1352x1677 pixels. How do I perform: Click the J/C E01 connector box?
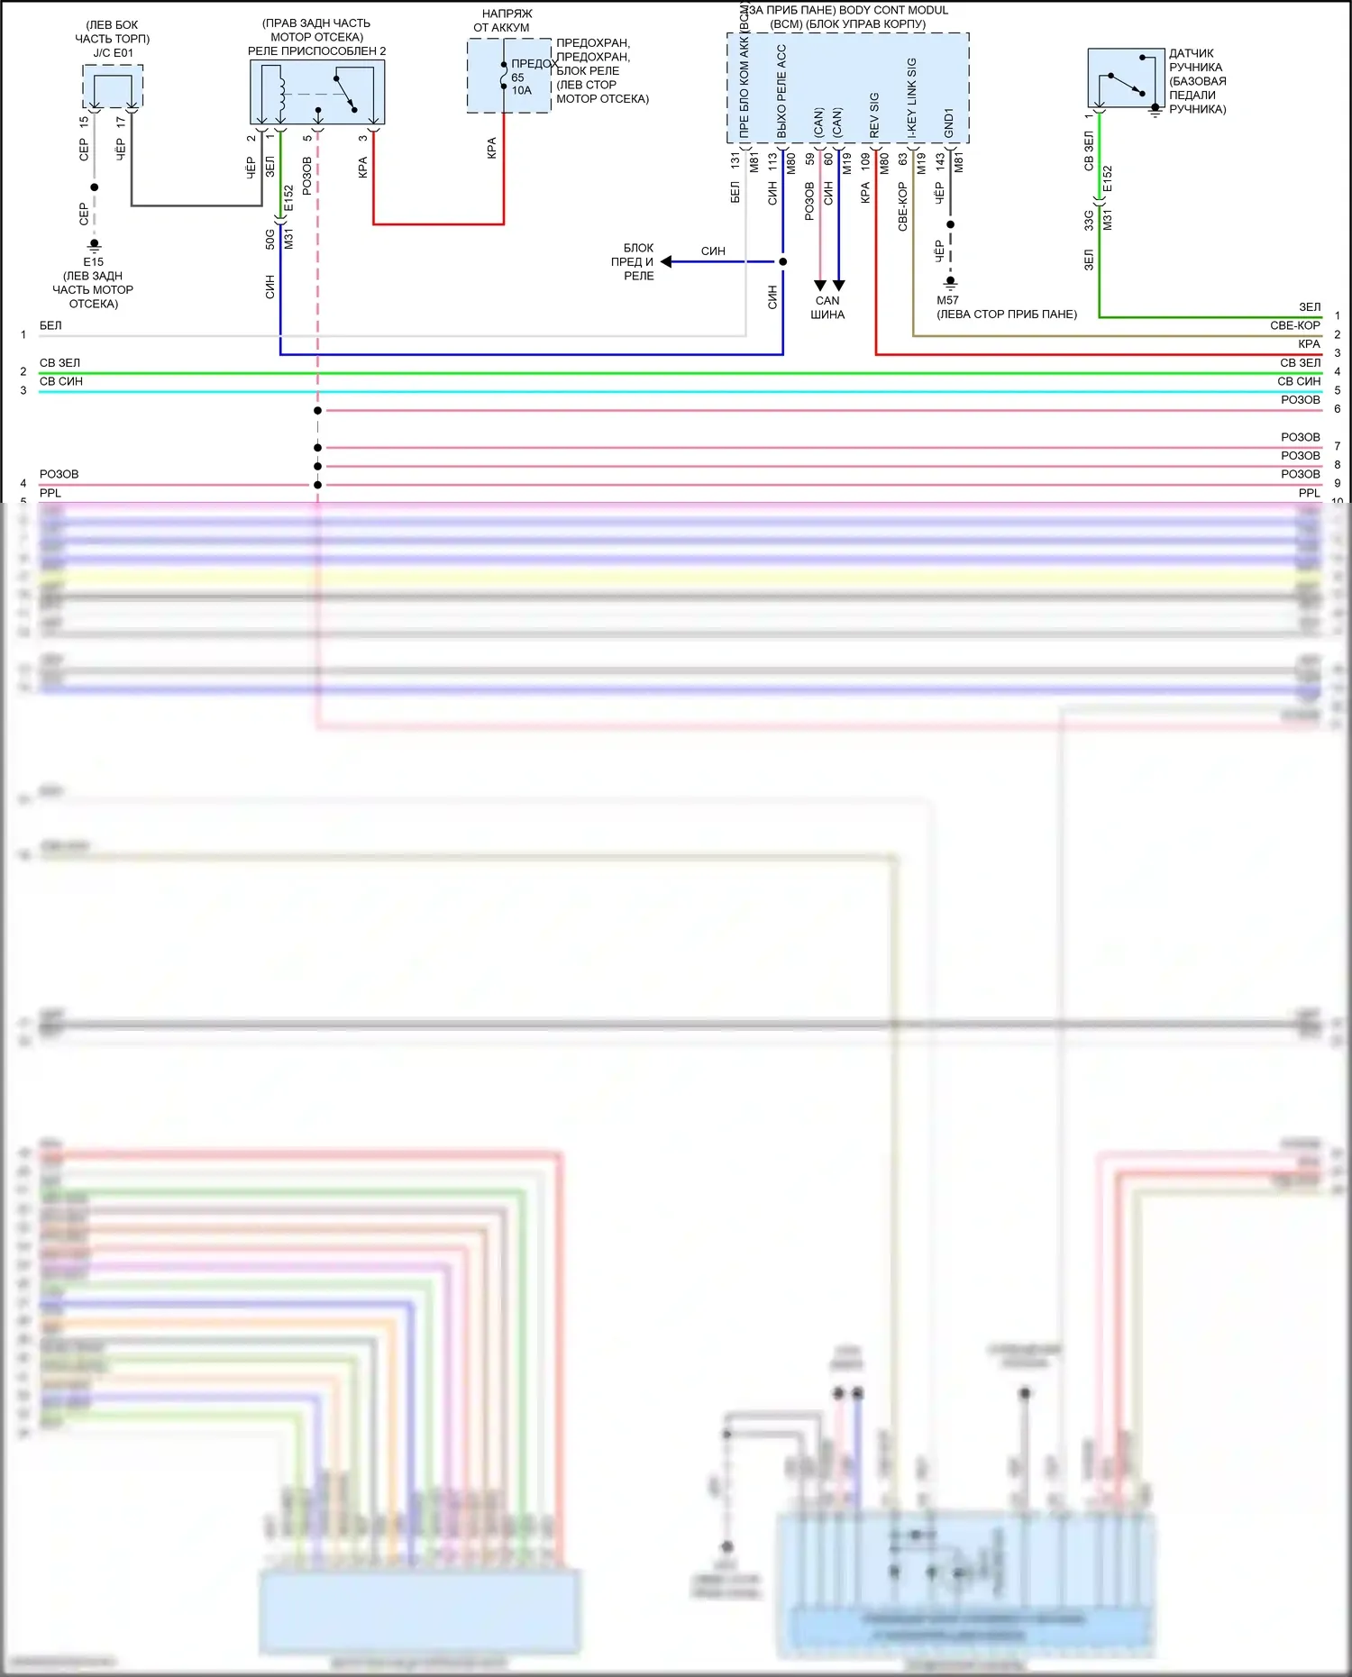click(x=113, y=87)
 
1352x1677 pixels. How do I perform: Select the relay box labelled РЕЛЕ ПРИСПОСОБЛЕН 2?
click(x=317, y=92)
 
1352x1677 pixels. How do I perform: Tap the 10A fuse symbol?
click(x=504, y=76)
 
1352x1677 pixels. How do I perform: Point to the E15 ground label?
click(x=94, y=262)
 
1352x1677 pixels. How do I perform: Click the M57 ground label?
click(x=947, y=300)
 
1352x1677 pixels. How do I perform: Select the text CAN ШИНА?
click(x=827, y=307)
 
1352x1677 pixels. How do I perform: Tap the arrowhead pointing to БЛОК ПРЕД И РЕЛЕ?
click(x=666, y=262)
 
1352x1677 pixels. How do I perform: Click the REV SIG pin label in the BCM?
click(x=874, y=114)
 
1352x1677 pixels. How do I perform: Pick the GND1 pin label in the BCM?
click(x=949, y=123)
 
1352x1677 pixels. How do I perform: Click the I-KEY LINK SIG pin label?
click(x=912, y=98)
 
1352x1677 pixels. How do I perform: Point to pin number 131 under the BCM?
click(x=735, y=160)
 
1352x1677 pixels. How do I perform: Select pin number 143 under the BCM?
click(x=940, y=160)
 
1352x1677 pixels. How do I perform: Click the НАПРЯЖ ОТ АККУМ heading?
click(x=506, y=21)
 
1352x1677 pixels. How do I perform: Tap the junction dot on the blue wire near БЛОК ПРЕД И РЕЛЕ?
click(x=783, y=262)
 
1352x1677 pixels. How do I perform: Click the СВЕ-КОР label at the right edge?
click(x=1294, y=325)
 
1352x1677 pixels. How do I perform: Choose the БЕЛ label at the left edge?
click(x=50, y=325)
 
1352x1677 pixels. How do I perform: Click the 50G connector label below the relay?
click(x=269, y=239)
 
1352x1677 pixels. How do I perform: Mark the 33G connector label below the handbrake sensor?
click(x=1089, y=220)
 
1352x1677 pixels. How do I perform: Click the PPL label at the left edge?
click(x=50, y=493)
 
